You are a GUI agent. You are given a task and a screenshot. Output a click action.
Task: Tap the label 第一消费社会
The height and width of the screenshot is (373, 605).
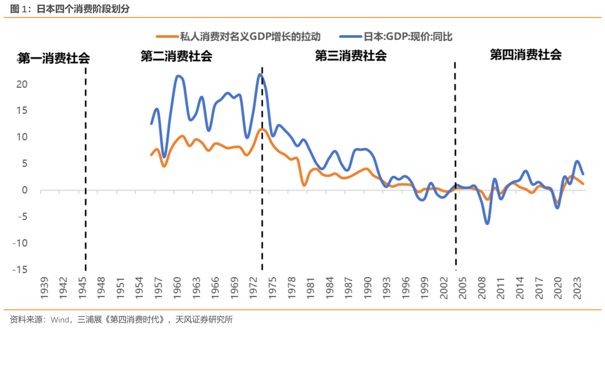tap(53, 57)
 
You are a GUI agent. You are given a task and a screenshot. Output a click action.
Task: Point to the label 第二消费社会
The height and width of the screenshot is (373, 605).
tap(176, 56)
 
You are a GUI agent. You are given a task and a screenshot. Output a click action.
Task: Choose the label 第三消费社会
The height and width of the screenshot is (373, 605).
tap(351, 55)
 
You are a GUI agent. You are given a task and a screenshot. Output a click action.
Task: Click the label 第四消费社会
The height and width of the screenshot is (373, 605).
tap(525, 54)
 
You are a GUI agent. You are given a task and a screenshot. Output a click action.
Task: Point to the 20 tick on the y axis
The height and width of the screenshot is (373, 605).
tap(21, 85)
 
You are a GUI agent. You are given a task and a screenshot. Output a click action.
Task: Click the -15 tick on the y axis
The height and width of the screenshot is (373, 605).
tap(20, 270)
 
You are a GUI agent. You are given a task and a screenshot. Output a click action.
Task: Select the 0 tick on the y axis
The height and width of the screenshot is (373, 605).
tap(24, 190)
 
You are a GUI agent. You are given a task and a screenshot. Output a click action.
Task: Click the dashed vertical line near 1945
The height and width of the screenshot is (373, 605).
tap(85, 168)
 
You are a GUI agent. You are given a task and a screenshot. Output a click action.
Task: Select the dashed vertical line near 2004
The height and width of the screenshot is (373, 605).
tap(455, 168)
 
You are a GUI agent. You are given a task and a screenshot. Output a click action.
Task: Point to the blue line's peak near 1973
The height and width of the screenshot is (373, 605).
tap(260, 74)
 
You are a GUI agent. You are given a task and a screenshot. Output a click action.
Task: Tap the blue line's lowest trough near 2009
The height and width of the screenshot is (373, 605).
tap(487, 223)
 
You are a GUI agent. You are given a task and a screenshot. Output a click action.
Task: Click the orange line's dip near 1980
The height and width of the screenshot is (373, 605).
tap(304, 185)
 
